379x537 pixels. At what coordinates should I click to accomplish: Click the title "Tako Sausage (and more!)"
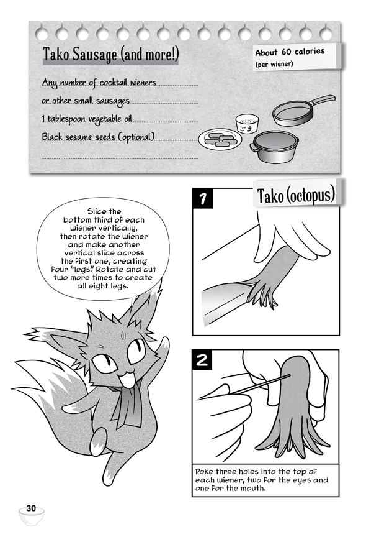click(110, 54)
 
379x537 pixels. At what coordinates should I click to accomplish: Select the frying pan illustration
click(303, 110)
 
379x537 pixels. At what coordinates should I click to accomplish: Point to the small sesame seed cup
click(247, 124)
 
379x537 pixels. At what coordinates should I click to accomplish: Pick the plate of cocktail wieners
click(220, 139)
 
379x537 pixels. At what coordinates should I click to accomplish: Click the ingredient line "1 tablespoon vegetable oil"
click(87, 119)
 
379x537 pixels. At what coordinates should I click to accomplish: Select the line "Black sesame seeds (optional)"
click(98, 137)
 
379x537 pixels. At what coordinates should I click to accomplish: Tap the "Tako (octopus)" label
click(296, 195)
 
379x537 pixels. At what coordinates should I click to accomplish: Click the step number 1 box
click(202, 198)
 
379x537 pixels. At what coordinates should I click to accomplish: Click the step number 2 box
click(202, 360)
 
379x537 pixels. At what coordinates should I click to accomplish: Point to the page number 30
click(31, 508)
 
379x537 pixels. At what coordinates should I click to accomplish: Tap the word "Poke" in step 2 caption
click(203, 472)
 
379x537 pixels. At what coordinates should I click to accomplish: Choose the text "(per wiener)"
click(274, 64)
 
